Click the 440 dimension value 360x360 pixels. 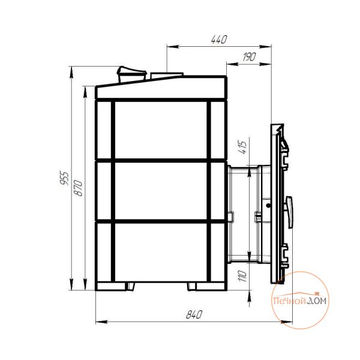point(219,40)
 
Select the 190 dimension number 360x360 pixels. point(249,57)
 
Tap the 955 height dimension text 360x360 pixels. point(64,178)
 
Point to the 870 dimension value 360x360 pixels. point(78,188)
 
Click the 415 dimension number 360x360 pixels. point(242,147)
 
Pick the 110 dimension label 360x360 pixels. point(242,276)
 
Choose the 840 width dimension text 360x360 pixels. point(194,314)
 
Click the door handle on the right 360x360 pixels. point(289,212)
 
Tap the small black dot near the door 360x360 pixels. point(268,206)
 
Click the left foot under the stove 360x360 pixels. point(130,286)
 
